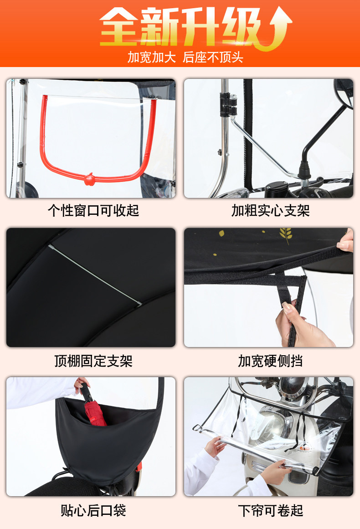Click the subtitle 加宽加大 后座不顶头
[x=185, y=57]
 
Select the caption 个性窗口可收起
[x=93, y=211]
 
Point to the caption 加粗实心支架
[x=270, y=211]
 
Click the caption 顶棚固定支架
[x=93, y=361]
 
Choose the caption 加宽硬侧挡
[x=270, y=361]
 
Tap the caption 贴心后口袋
[x=93, y=510]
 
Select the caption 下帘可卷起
[x=270, y=510]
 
